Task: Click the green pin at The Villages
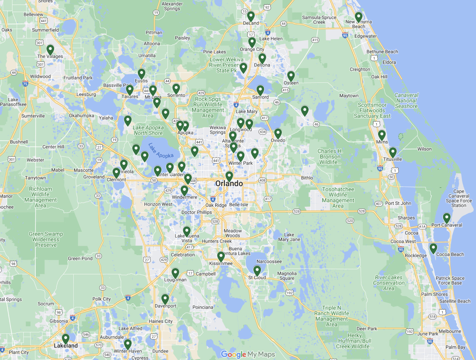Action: [x=50, y=50]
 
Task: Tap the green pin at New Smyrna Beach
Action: [x=359, y=17]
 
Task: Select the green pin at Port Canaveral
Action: [x=446, y=218]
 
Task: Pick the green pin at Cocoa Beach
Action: [x=433, y=248]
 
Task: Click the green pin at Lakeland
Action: [x=66, y=339]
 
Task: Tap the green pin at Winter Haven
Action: [x=128, y=344]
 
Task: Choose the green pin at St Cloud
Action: [x=257, y=271]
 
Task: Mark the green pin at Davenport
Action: [x=165, y=299]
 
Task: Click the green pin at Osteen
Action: [x=291, y=76]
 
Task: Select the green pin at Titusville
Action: [x=393, y=152]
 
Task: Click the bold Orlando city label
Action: [x=229, y=184]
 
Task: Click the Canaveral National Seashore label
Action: [x=406, y=101]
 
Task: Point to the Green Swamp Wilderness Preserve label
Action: [x=46, y=239]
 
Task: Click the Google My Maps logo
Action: [x=248, y=354]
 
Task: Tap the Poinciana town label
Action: [x=203, y=307]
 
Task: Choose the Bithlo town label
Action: [x=307, y=178]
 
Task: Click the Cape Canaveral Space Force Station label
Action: [x=459, y=198]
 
